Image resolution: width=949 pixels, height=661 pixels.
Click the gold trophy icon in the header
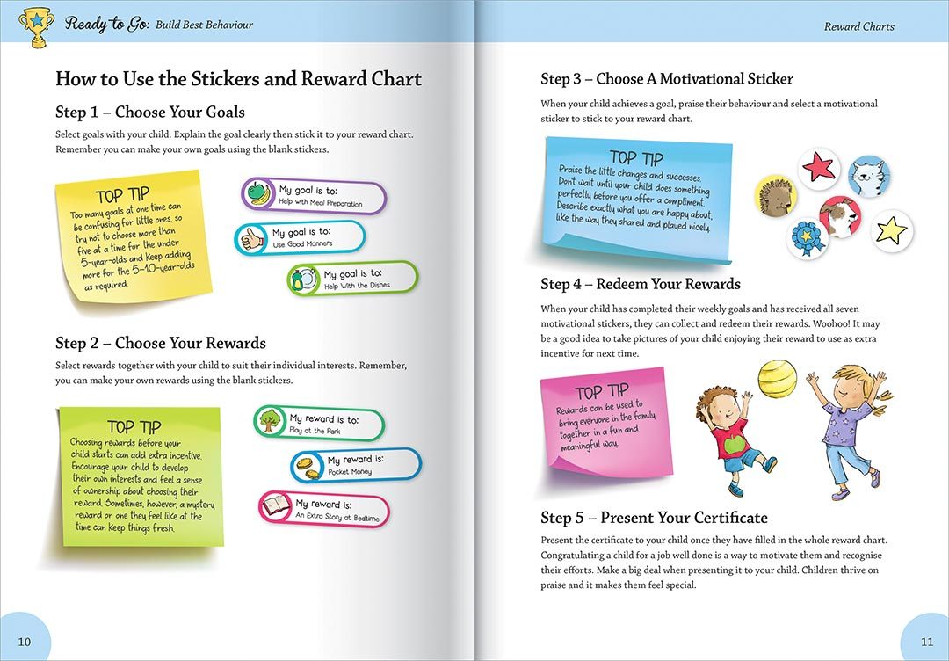(34, 25)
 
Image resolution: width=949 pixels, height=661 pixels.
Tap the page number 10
(25, 642)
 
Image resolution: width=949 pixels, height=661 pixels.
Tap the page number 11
(927, 642)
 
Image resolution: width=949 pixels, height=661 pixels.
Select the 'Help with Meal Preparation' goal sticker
(314, 196)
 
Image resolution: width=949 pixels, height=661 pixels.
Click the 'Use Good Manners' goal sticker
(300, 237)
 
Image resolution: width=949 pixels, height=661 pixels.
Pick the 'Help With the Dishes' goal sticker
(353, 280)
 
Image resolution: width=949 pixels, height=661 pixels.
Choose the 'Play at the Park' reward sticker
(319, 424)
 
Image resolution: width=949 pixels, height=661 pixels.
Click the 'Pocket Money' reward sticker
(356, 465)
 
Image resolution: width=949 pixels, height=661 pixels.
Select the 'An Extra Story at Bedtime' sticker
(323, 510)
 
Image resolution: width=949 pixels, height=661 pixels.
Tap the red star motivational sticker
(819, 168)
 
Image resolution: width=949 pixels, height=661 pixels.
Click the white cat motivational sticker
(869, 177)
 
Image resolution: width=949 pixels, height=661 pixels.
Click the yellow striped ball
(777, 379)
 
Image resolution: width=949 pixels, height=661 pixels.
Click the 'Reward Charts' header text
(858, 26)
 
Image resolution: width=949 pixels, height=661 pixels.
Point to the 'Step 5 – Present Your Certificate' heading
(654, 518)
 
